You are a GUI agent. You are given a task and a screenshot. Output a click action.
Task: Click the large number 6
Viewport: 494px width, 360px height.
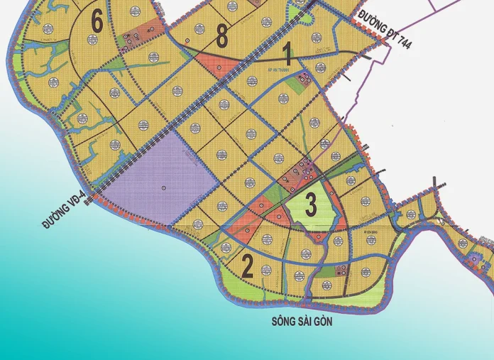pos(97,22)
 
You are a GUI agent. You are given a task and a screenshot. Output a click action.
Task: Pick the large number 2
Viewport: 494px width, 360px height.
pos(247,266)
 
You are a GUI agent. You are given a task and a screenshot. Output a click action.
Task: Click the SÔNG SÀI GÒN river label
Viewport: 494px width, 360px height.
pos(302,322)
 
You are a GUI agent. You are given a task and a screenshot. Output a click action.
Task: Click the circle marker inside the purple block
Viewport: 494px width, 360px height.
pos(163,187)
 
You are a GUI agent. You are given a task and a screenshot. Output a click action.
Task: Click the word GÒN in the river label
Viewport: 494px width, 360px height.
pos(323,322)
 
